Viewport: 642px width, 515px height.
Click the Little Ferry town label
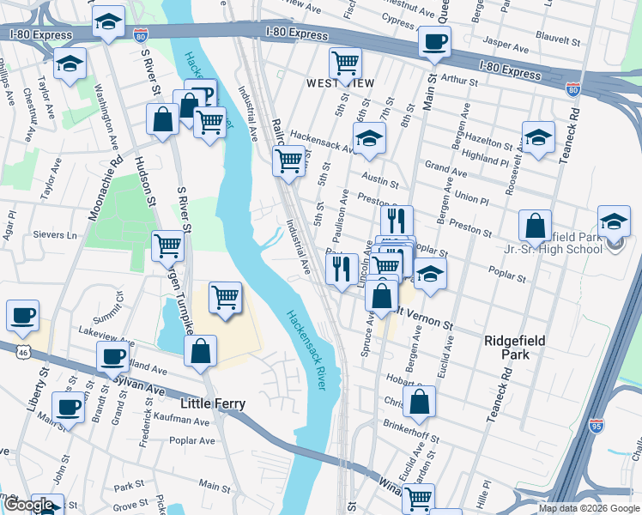[x=213, y=403]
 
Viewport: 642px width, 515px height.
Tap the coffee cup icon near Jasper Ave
[x=435, y=41]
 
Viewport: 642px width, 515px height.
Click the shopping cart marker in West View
[x=345, y=62]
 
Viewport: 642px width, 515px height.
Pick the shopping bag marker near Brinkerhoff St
[x=419, y=401]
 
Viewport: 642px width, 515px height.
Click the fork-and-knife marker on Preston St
[x=397, y=220]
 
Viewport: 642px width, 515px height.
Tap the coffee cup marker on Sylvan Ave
[x=112, y=356]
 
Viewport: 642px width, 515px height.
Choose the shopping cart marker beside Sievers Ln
[x=168, y=245]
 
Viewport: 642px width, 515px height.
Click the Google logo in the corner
[x=28, y=505]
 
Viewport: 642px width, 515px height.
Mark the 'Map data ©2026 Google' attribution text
[x=590, y=508]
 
